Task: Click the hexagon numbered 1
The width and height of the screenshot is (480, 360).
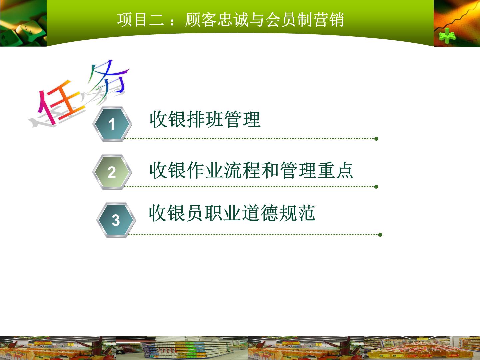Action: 112,124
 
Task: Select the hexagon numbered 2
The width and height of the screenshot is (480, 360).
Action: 112,172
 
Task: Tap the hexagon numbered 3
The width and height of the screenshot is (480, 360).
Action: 116,220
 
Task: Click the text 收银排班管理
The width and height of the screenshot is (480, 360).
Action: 205,119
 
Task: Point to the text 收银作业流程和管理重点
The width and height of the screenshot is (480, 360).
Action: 251,170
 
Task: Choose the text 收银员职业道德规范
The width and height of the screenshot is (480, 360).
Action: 232,213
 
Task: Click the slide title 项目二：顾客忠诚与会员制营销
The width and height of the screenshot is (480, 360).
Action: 230,20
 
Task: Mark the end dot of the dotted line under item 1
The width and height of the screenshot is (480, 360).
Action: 376,139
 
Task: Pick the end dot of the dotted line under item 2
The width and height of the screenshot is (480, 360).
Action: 376,187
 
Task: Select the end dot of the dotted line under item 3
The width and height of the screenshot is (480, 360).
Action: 380,235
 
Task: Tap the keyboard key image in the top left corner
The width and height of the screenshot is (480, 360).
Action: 23,23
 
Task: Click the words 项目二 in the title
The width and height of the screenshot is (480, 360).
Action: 140,20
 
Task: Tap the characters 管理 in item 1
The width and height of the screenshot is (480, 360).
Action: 242,119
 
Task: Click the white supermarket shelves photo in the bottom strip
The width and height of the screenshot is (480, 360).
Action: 182,348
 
